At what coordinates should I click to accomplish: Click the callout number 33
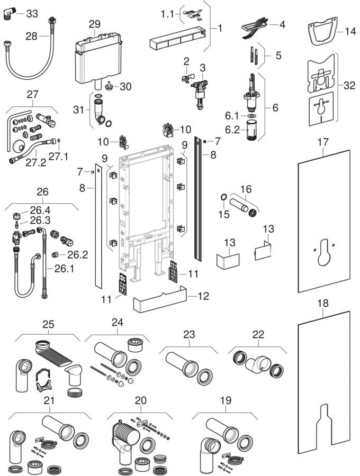click(x=32, y=14)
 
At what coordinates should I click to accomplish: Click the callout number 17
click(x=323, y=142)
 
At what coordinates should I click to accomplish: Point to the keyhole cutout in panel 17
click(x=323, y=251)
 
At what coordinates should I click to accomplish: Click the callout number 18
click(x=323, y=303)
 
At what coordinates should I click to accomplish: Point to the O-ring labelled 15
click(x=224, y=199)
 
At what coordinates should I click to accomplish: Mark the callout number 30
click(x=125, y=86)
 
